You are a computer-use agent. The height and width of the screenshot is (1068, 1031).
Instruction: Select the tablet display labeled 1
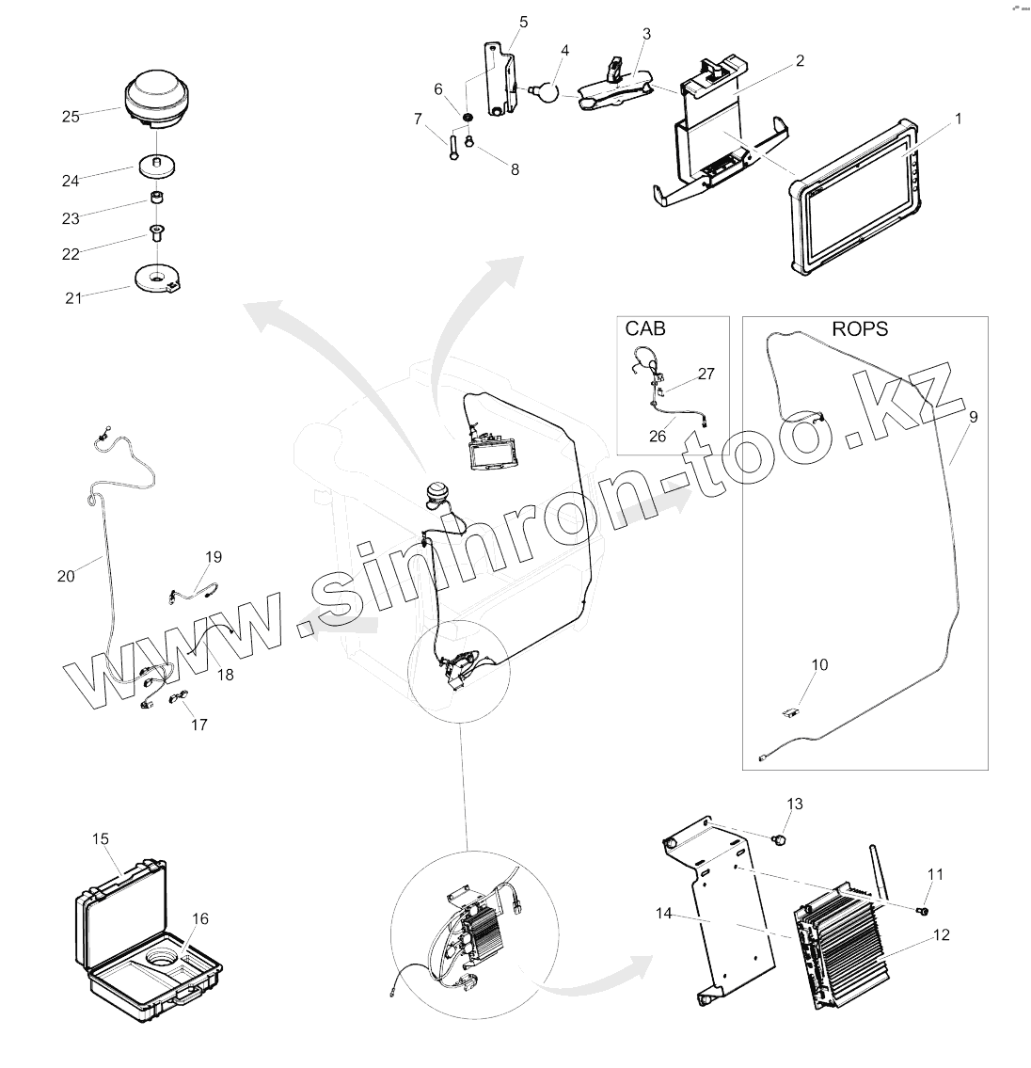(850, 201)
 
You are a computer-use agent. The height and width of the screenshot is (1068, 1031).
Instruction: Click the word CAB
(645, 329)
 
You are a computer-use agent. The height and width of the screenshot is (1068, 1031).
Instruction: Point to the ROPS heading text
(860, 329)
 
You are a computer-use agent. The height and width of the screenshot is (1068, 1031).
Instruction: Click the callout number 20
(65, 576)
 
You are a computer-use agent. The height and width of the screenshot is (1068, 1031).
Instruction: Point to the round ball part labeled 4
(543, 90)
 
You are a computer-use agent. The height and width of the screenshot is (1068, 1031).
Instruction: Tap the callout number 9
(973, 415)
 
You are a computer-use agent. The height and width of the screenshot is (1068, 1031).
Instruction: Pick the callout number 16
(200, 918)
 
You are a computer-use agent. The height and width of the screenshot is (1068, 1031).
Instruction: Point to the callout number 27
(706, 374)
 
